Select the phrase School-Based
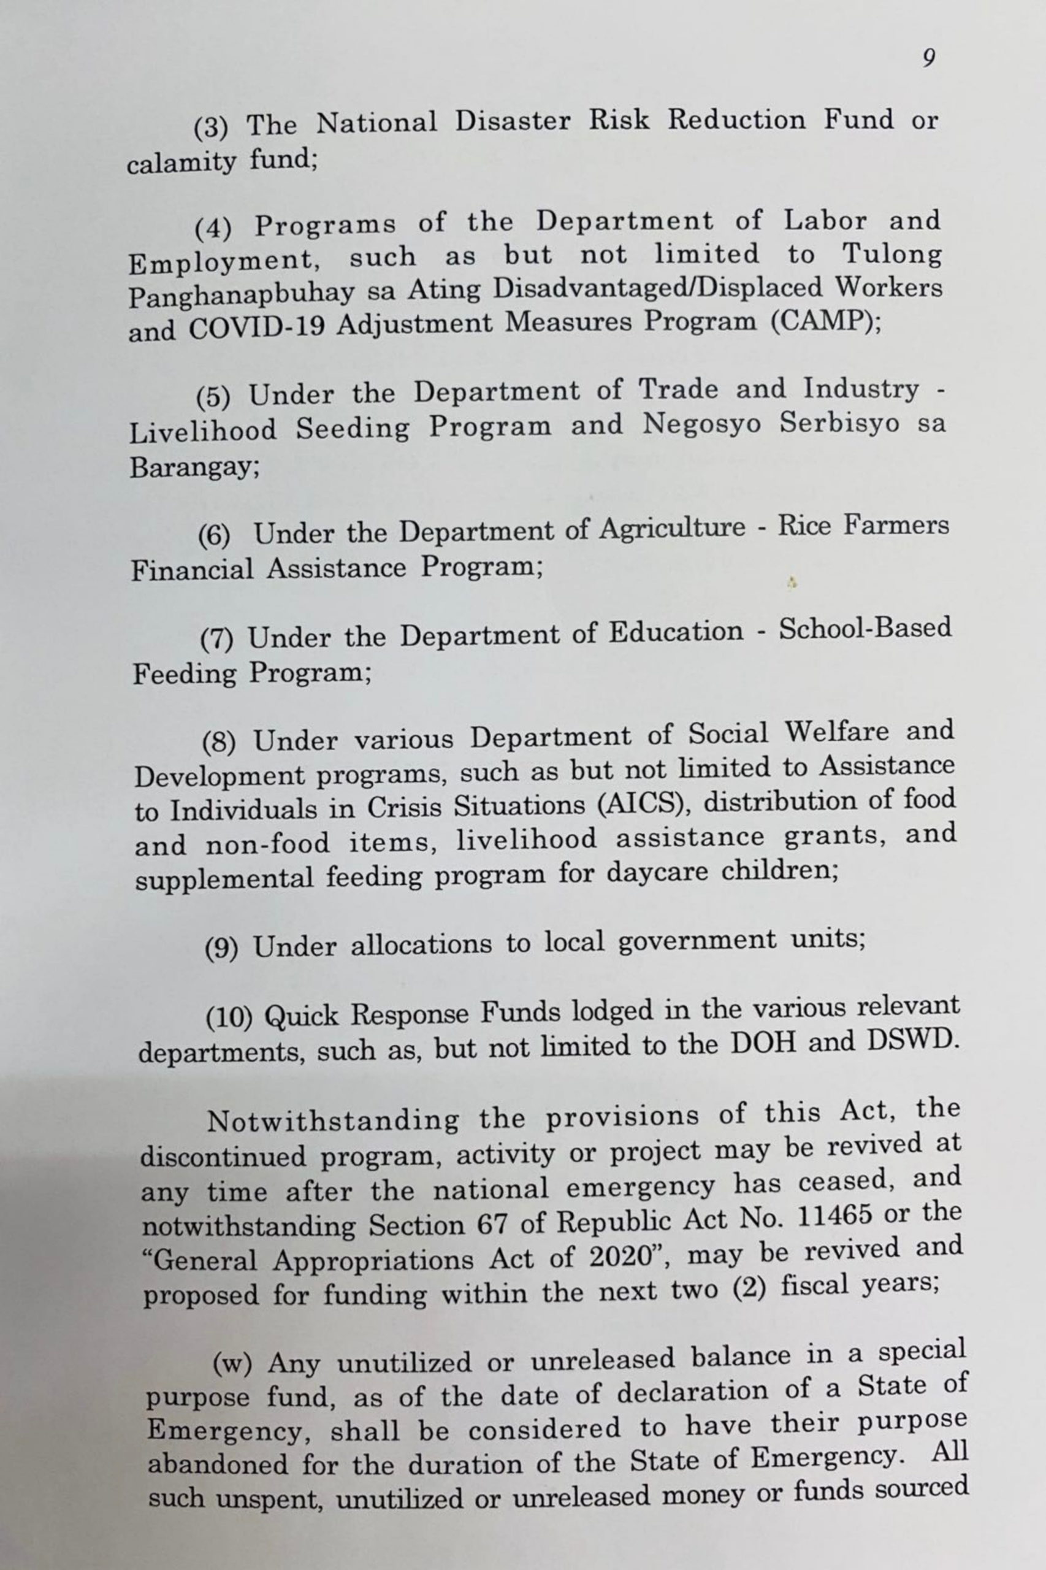click(x=865, y=629)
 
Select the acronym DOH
click(x=763, y=1044)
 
